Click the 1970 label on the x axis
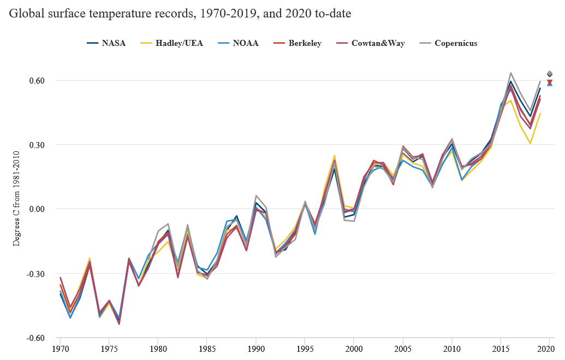click(60, 348)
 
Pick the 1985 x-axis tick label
click(207, 348)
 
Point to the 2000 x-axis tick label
click(354, 348)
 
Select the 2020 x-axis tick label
click(549, 348)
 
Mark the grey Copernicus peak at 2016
click(510, 73)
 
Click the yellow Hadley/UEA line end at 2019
click(540, 114)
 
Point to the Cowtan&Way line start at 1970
click(60, 278)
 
